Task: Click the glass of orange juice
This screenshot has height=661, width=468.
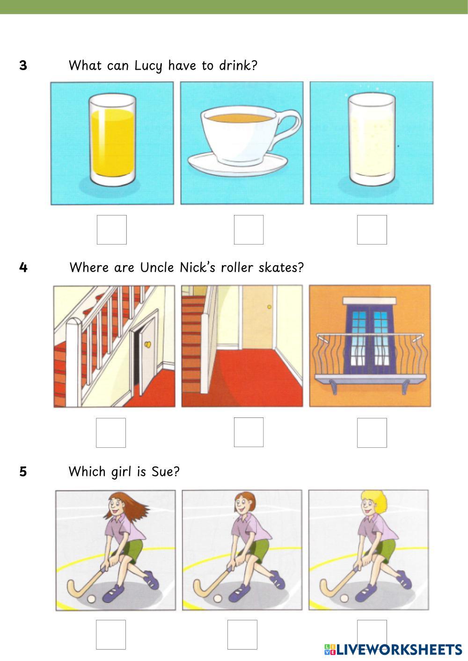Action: click(112, 140)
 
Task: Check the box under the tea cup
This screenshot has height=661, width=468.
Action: click(249, 230)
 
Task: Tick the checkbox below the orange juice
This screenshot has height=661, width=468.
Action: click(112, 230)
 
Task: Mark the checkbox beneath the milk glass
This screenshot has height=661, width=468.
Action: click(372, 230)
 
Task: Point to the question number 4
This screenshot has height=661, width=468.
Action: click(23, 267)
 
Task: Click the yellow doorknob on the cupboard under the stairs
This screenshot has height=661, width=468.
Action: click(147, 345)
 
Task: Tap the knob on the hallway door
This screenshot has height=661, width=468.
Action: click(269, 307)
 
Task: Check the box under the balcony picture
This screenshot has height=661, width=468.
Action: click(372, 432)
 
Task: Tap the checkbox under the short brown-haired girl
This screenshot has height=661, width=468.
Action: click(242, 634)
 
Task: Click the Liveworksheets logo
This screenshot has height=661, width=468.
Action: click(393, 649)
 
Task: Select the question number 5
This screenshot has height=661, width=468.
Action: click(23, 472)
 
